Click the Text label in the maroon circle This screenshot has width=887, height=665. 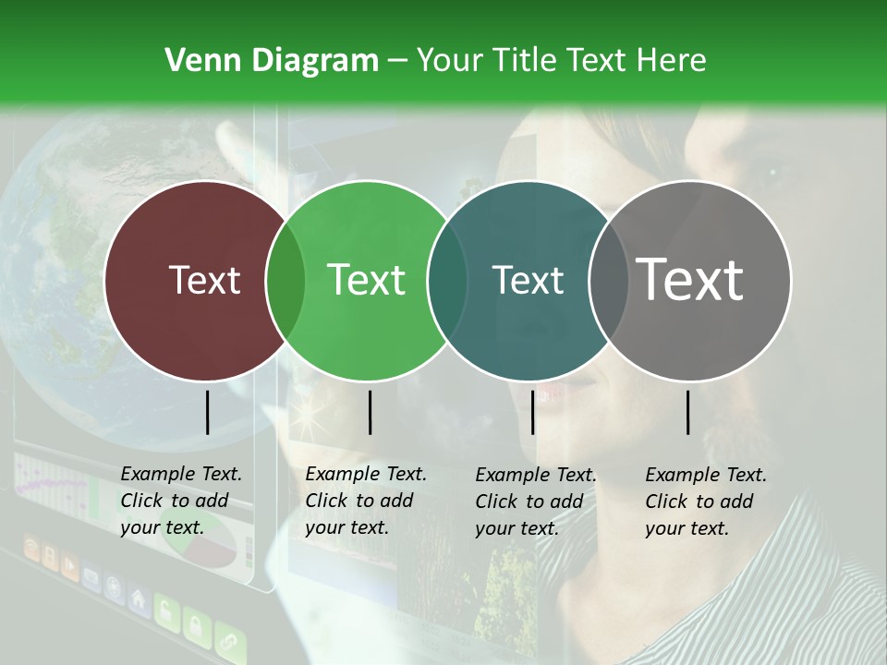pyautogui.click(x=205, y=281)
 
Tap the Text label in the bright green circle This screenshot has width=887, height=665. pyautogui.click(x=367, y=281)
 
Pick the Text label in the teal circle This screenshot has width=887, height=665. pyautogui.click(x=528, y=281)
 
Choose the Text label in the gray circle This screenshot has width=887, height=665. pyautogui.click(x=690, y=280)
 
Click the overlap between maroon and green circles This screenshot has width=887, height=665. pyautogui.click(x=286, y=281)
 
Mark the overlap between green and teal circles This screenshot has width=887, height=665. pyautogui.click(x=447, y=281)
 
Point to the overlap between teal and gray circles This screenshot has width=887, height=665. pyautogui.click(x=608, y=281)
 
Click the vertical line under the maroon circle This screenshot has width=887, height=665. pyautogui.click(x=207, y=412)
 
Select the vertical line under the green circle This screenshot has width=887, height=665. pyautogui.click(x=370, y=412)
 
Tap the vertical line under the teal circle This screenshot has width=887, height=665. pyautogui.click(x=532, y=412)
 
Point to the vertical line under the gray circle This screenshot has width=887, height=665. pyautogui.click(x=688, y=412)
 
